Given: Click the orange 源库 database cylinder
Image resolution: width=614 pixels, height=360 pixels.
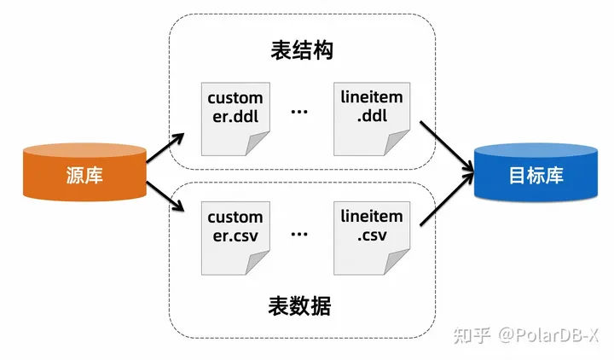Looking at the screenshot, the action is [84, 172].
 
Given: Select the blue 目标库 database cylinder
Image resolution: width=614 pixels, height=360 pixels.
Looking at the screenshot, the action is [536, 172].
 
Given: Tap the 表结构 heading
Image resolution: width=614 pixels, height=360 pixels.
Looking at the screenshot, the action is [302, 50].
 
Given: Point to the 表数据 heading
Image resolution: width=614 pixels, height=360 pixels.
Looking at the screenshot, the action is [299, 306].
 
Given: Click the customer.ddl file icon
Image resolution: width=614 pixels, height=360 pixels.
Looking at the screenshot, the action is [235, 119].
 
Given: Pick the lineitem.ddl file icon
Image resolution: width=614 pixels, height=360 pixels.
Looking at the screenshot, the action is [372, 119].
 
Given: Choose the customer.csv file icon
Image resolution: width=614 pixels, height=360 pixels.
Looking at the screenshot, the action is [235, 238].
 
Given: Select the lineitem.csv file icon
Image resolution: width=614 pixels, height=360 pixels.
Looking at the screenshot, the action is [372, 238].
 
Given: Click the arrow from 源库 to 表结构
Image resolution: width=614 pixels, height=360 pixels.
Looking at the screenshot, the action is [165, 148].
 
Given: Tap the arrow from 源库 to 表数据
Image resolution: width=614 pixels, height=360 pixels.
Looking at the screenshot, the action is [165, 196].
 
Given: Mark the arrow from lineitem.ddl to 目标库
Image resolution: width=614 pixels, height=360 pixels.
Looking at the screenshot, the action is [447, 147].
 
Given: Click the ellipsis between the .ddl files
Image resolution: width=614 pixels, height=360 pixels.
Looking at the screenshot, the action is [299, 112].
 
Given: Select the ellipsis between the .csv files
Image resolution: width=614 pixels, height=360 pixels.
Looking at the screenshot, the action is [299, 235].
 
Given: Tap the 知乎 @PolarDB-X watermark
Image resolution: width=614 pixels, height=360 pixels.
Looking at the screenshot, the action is [526, 335].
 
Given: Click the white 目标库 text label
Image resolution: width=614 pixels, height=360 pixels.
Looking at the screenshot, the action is [536, 175].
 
